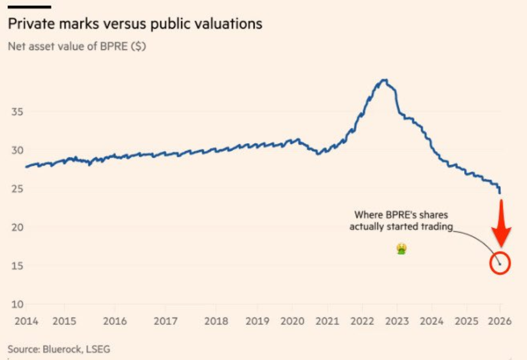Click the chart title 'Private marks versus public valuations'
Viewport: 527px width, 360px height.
(x=135, y=24)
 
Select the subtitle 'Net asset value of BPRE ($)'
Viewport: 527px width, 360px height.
(x=76, y=46)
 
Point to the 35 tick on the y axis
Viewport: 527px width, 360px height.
(x=18, y=112)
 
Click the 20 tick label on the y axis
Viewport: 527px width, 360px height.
(x=18, y=228)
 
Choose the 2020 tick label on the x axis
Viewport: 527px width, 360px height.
(x=293, y=321)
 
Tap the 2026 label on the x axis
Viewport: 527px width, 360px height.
(x=500, y=321)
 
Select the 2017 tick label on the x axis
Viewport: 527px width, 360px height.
(x=165, y=321)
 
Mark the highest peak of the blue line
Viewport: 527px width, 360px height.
(x=385, y=80)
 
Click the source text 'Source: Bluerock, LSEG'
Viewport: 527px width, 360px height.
(x=59, y=349)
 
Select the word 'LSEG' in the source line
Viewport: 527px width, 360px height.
(x=97, y=349)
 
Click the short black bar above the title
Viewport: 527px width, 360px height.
(x=29, y=7)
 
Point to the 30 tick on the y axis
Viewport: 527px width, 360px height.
(x=18, y=151)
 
